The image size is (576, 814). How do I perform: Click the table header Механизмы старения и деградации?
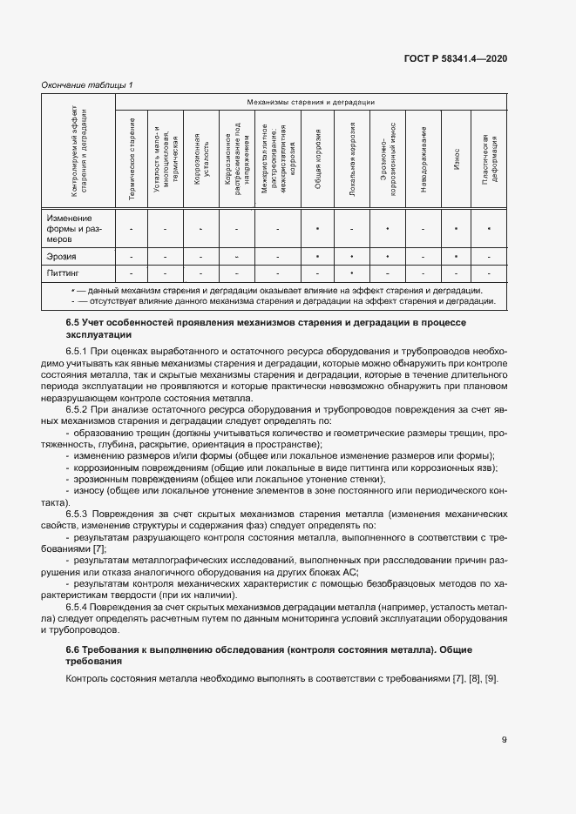click(x=310, y=103)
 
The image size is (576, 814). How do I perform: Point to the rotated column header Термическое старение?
click(x=132, y=158)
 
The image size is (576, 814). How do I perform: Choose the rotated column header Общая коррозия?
click(x=318, y=158)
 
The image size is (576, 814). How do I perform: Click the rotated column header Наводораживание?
click(x=423, y=158)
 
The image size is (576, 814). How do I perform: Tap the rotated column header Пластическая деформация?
click(x=489, y=158)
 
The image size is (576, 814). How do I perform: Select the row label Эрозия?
click(x=62, y=258)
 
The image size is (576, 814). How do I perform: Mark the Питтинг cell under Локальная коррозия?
click(x=351, y=273)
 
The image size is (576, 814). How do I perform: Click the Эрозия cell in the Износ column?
click(x=456, y=258)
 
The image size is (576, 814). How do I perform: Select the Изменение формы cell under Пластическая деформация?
click(x=489, y=228)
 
